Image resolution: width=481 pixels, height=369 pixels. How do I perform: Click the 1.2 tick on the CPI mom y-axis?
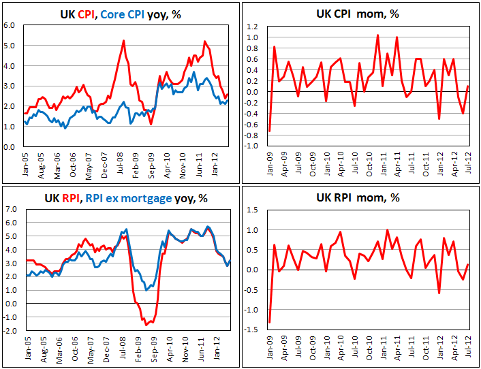[251, 27]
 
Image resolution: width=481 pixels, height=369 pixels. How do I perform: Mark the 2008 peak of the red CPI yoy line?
[123, 40]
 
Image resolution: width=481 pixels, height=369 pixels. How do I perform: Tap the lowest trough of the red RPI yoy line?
[145, 325]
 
